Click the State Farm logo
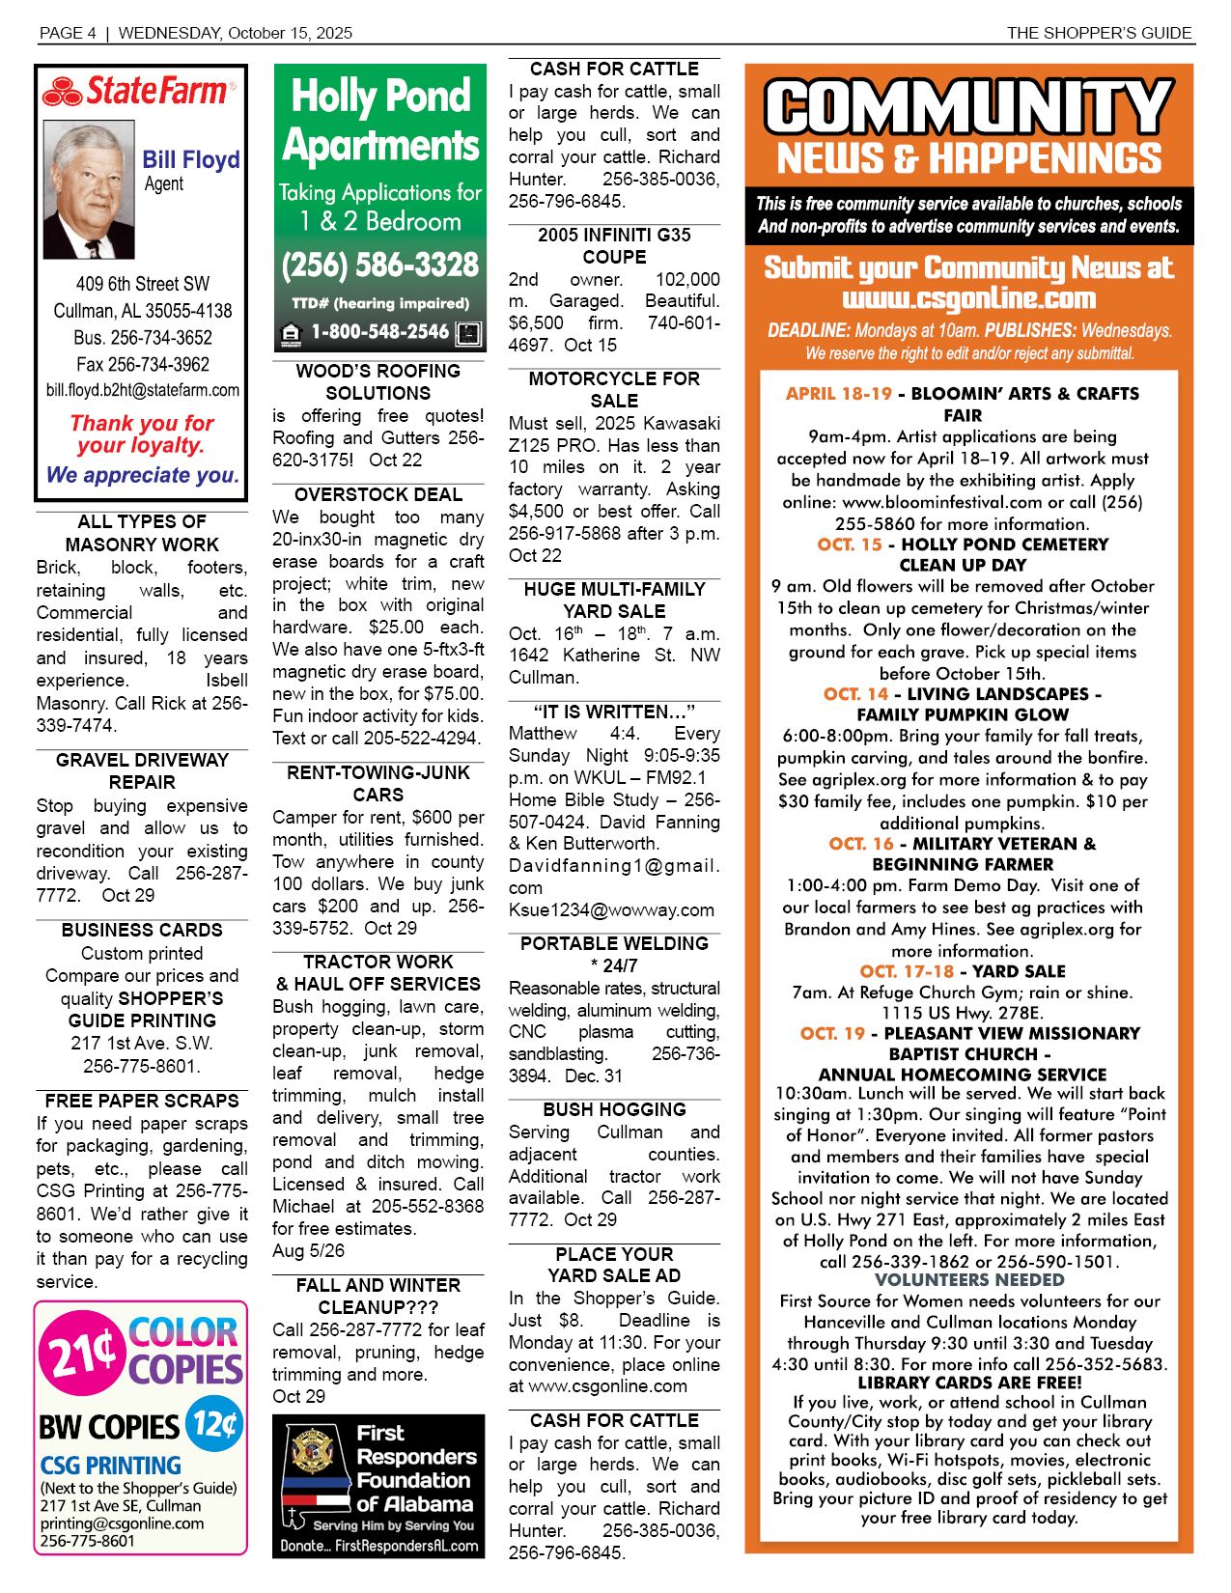pyautogui.click(x=137, y=92)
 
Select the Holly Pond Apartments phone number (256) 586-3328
pyautogui.click(x=379, y=265)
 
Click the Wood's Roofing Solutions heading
pyautogui.click(x=378, y=381)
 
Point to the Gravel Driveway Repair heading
pyautogui.click(x=142, y=770)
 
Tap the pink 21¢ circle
pyautogui.click(x=82, y=1355)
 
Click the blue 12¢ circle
pyautogui.click(x=214, y=1424)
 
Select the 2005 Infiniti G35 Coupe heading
pyautogui.click(x=614, y=245)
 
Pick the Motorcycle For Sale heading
pyautogui.click(x=614, y=389)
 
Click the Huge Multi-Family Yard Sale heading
pyautogui.click(x=614, y=600)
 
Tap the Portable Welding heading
pyautogui.click(x=614, y=954)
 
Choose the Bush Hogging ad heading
pyautogui.click(x=614, y=1109)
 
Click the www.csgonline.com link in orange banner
pyautogui.click(x=968, y=298)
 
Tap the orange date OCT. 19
pyautogui.click(x=832, y=1033)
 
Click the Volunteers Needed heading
pyautogui.click(x=968, y=1280)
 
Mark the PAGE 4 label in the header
pyautogui.click(x=68, y=33)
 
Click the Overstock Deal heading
pyautogui.click(x=378, y=494)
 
